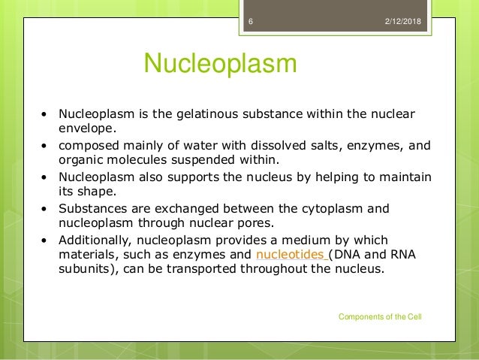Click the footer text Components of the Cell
380,317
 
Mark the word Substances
89,209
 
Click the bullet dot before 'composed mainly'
44,146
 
